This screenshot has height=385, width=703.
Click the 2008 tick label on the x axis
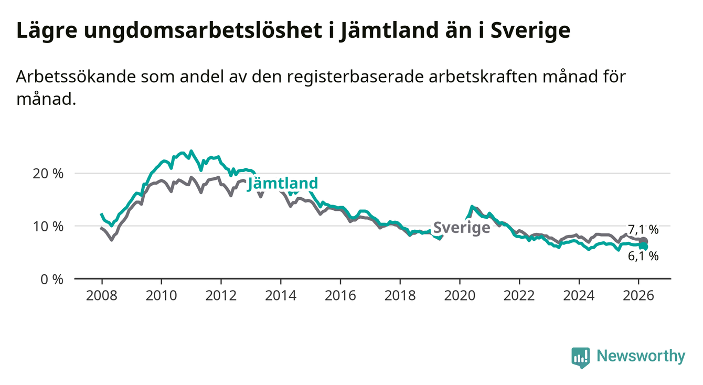(101, 294)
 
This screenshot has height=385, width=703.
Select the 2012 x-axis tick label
(221, 294)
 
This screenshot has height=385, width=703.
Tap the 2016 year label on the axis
(340, 294)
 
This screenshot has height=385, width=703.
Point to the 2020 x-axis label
(459, 294)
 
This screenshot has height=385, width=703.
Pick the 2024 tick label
(579, 294)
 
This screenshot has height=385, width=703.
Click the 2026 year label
(638, 294)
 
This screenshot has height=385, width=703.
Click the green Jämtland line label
(283, 183)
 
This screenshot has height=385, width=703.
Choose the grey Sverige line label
(462, 228)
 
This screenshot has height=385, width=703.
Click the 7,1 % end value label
(643, 230)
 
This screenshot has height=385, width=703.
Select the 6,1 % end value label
(643, 256)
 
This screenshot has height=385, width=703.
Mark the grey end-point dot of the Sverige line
(644, 241)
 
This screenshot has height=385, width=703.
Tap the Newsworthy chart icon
(580, 357)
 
